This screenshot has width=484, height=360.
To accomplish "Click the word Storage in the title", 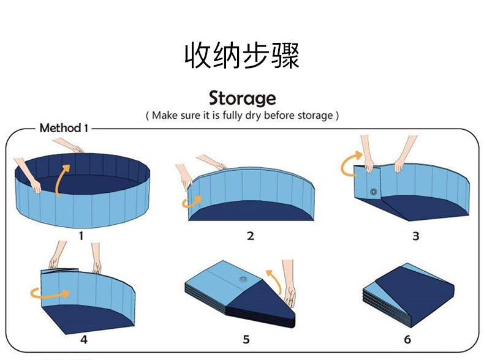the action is tap(242, 98).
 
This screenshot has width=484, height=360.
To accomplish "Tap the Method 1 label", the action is tap(64, 128).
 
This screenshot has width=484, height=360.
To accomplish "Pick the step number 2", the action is tap(250, 236).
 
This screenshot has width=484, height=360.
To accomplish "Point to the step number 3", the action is tap(416, 236).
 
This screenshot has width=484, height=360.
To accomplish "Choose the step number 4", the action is tap(84, 339).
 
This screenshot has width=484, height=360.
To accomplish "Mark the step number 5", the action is tap(246, 339).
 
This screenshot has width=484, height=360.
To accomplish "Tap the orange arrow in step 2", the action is tap(194, 202).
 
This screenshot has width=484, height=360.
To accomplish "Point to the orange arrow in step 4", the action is tap(49, 294).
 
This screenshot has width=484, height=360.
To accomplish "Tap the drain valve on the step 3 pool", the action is tap(373, 192).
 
